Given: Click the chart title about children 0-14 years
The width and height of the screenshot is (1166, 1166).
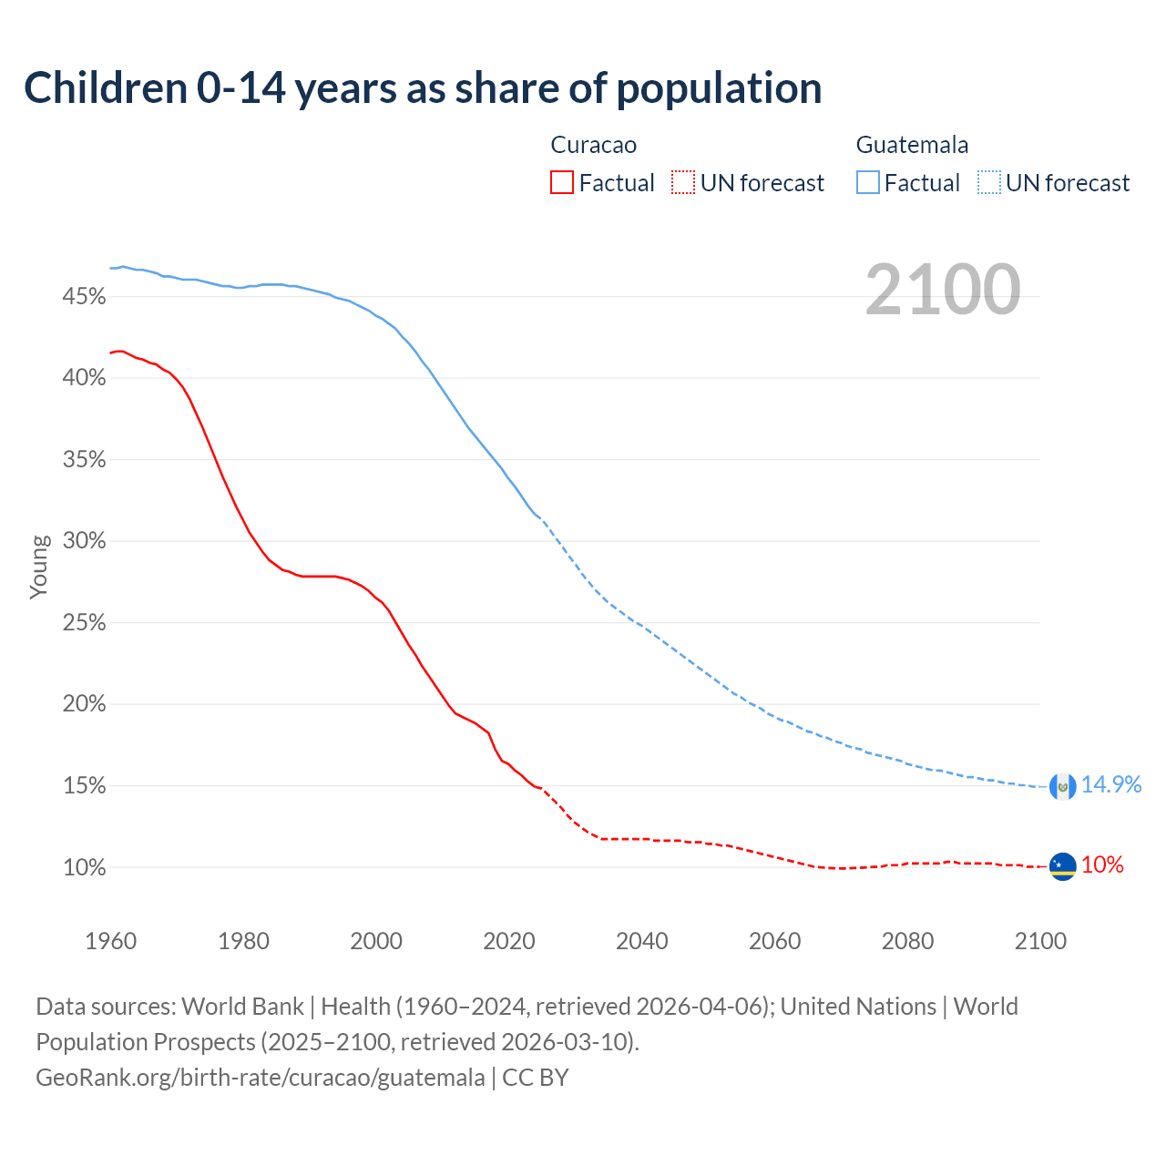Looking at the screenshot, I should coord(423,88).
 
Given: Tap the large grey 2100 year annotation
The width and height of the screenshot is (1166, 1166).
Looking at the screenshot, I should coord(943,290).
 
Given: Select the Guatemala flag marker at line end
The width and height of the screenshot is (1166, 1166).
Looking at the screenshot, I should coord(1062,786).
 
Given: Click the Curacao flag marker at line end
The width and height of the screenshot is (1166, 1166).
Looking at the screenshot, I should coord(1062,866).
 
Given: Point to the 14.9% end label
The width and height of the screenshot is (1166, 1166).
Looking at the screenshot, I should coord(1110,785).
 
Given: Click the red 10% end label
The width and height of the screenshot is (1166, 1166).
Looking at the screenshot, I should coord(1102,865).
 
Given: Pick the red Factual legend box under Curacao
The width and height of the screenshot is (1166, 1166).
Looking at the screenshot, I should coord(562,183).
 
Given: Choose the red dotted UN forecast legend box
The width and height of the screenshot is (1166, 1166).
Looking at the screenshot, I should coord(683,183).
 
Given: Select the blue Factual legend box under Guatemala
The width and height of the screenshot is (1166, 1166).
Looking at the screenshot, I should coord(868,183).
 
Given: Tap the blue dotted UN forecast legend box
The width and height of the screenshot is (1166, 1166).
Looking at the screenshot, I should coord(989,183).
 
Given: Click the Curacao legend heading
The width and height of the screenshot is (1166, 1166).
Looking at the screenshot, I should coord(594,145).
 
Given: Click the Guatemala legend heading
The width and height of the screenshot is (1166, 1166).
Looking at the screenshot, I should coord(912,145).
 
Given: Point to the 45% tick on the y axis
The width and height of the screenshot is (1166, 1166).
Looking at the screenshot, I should coord(85,297).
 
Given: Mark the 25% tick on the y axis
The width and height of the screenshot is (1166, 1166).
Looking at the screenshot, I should coord(85,623).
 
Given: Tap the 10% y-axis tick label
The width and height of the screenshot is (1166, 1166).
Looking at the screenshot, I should coord(85,868).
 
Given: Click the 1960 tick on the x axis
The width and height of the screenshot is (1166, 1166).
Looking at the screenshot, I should coord(111,941).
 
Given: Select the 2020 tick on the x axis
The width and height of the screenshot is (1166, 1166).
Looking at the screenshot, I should coord(509,941).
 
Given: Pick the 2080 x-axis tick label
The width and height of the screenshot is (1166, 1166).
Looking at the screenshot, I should coord(907,941).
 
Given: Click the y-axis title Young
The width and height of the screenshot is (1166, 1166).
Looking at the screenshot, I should coord(39,567).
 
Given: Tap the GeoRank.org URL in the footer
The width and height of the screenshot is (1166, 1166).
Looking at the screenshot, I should coord(261,1078).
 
